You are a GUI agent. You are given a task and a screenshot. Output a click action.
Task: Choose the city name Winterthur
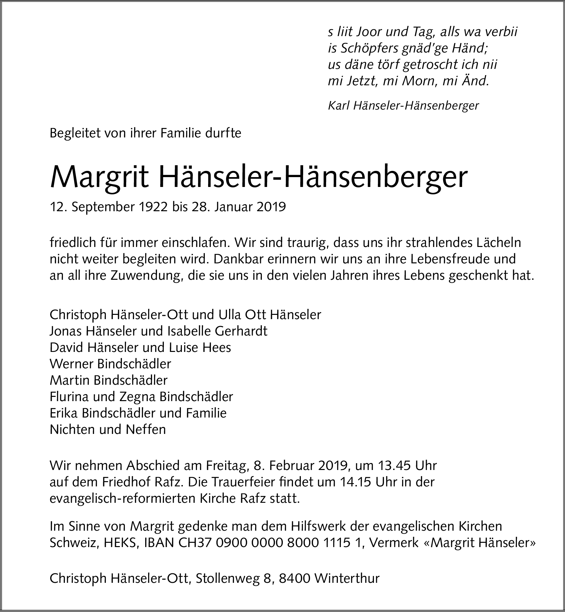346,578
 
